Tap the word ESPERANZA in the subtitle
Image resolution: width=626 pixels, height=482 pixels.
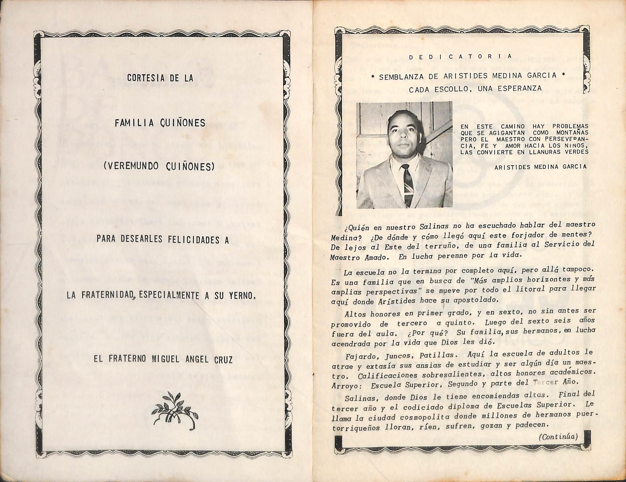coord(524,89)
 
